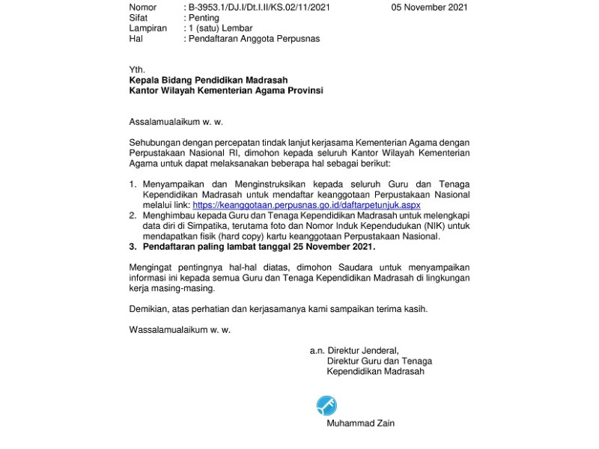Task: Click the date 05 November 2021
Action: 429,7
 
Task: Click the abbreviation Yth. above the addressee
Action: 137,70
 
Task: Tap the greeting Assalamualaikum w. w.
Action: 176,121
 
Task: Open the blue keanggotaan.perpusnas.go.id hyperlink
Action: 306,204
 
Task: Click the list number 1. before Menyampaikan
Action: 133,184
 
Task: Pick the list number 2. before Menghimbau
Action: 133,216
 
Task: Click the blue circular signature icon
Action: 326,406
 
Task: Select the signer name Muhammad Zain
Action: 360,424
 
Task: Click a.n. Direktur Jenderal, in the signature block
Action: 354,350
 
